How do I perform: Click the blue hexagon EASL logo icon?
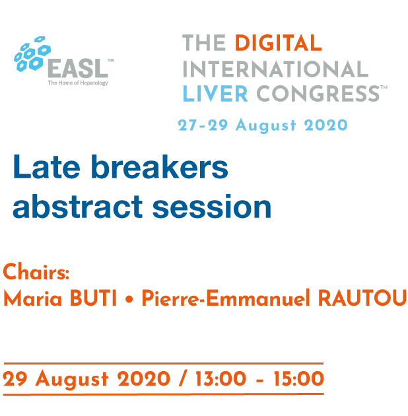[x=32, y=54]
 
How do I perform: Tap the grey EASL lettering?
[x=78, y=69]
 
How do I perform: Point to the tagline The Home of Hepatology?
[x=78, y=83]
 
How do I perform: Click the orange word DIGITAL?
[x=279, y=43]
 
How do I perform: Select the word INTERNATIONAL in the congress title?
[x=275, y=69]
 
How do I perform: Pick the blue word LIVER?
[x=215, y=93]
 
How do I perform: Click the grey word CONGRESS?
[x=318, y=93]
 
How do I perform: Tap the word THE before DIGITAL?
[x=204, y=43]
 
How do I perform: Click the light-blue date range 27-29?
[x=203, y=125]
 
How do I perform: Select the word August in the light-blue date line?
[x=266, y=125]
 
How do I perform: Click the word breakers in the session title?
[x=159, y=167]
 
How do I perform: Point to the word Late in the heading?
[x=47, y=167]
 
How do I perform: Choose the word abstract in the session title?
[x=78, y=207]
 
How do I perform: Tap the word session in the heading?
[x=212, y=207]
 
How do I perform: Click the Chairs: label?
[x=36, y=271]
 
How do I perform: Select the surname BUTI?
[x=93, y=298]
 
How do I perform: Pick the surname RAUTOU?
[x=362, y=298]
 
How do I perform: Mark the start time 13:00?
[x=221, y=378]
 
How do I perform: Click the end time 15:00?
[x=299, y=378]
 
